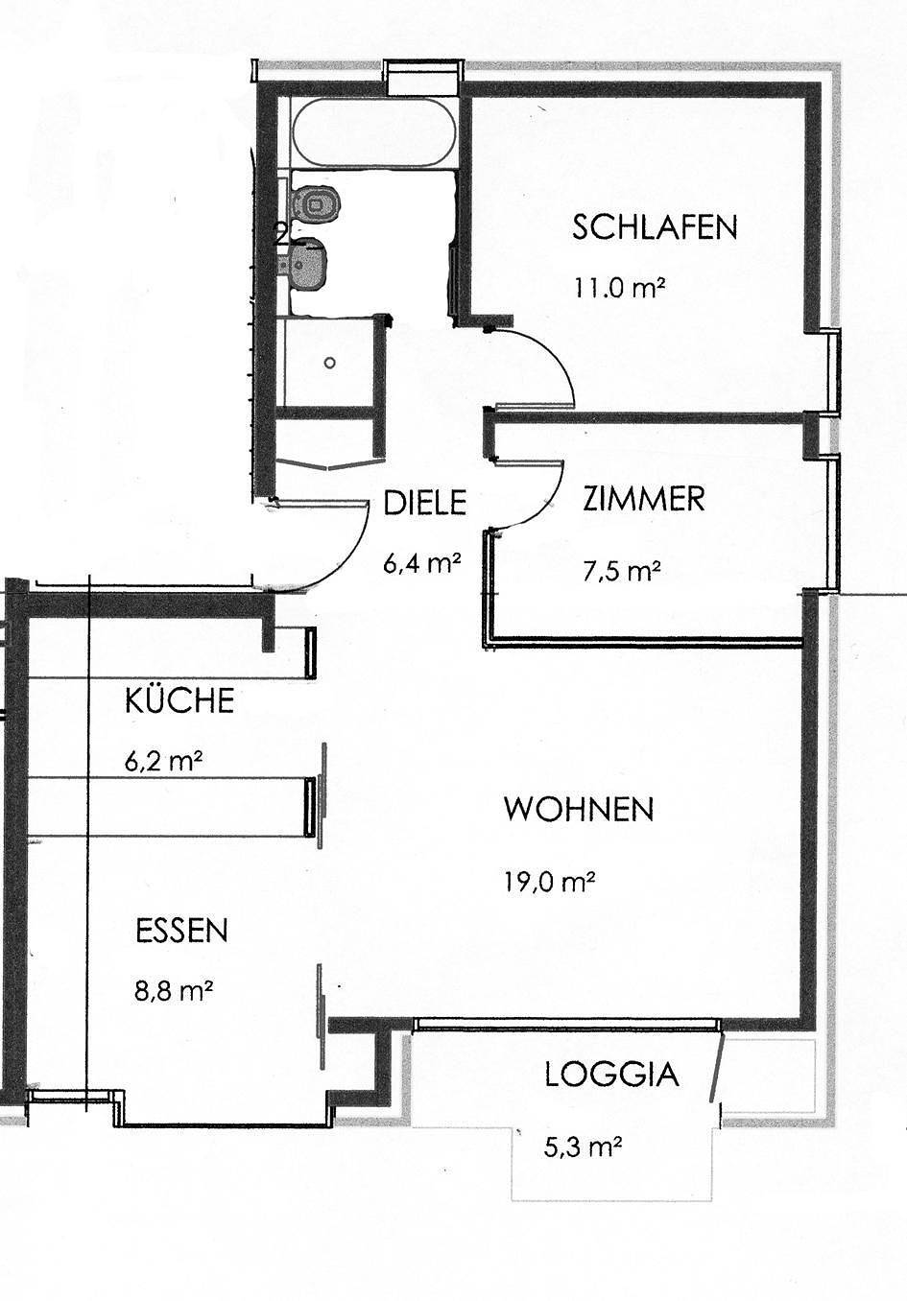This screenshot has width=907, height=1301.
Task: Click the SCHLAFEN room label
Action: (655, 227)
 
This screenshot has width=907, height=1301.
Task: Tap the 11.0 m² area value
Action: (619, 287)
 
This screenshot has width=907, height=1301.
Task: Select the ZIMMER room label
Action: (643, 499)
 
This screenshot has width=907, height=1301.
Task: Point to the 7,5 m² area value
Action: (621, 572)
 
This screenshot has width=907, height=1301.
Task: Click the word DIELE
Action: (424, 503)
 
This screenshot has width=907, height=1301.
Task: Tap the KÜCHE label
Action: (179, 700)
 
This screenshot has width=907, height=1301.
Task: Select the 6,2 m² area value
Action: (163, 762)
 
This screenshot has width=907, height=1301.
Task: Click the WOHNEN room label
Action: (579, 809)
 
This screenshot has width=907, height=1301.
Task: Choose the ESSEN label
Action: (181, 931)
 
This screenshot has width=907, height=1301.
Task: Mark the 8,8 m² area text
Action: (174, 990)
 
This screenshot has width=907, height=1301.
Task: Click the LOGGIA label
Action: (611, 1075)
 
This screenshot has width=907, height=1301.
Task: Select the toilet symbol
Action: (316, 204)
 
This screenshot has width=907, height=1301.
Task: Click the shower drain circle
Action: (329, 363)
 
